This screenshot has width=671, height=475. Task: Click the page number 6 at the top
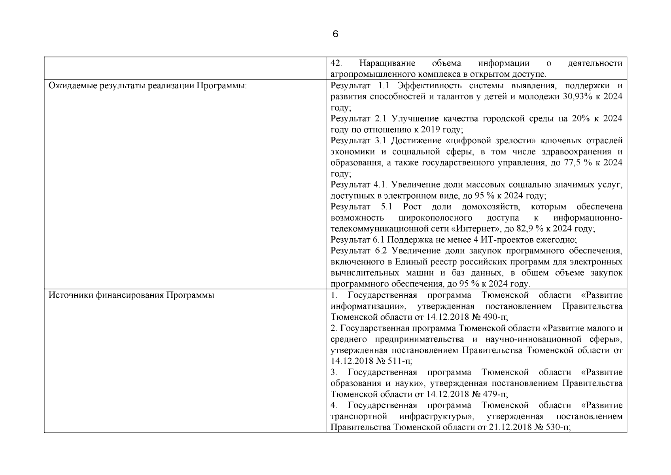(335, 34)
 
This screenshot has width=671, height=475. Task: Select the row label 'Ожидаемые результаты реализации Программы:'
(147, 85)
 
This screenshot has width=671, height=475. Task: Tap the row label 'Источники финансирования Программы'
(131, 295)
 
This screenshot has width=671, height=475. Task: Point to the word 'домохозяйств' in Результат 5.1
(490, 207)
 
